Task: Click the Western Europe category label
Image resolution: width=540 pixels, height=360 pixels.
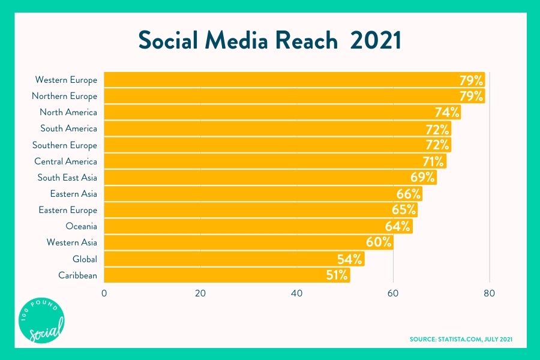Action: click(x=66, y=80)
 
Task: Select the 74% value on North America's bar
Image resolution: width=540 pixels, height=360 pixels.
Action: click(x=447, y=112)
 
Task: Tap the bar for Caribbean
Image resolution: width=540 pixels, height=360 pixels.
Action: click(x=227, y=275)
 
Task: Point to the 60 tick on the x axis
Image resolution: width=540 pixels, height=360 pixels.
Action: click(x=393, y=293)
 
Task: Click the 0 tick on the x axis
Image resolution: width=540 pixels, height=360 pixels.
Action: click(x=104, y=293)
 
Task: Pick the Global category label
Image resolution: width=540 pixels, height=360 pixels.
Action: click(x=84, y=259)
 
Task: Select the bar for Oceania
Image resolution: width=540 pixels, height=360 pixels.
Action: click(x=258, y=226)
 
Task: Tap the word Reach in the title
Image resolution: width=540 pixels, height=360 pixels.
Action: click(x=305, y=40)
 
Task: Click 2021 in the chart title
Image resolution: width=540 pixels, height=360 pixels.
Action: click(x=376, y=40)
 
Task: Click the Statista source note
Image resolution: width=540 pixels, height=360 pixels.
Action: click(x=461, y=340)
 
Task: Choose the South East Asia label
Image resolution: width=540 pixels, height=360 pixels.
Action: click(x=67, y=178)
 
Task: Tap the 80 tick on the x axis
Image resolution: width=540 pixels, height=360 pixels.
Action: click(x=490, y=293)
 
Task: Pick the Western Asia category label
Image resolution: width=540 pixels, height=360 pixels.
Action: click(x=72, y=243)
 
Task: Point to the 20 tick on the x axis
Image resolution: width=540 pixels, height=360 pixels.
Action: click(x=200, y=293)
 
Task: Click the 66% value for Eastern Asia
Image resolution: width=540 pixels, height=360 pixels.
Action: click(x=408, y=194)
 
